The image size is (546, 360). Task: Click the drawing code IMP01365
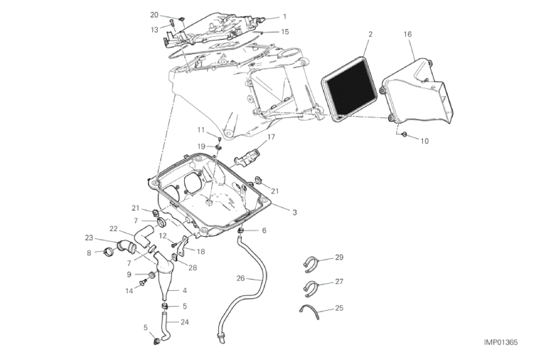(x=500, y=342)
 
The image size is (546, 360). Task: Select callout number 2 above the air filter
(x=370, y=34)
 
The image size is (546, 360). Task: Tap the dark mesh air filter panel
(x=349, y=90)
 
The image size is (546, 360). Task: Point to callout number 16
(x=408, y=34)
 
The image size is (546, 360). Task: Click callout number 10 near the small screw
(x=424, y=141)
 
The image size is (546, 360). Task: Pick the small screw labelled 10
(x=404, y=134)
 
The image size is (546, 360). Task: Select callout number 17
(x=272, y=137)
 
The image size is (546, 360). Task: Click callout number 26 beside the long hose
(x=240, y=278)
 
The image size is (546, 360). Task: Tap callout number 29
(x=339, y=257)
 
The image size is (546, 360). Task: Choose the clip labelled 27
(x=309, y=288)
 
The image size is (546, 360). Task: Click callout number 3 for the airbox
(x=294, y=212)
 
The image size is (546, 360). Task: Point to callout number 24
(x=185, y=322)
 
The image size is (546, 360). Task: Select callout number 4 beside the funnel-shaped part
(x=185, y=290)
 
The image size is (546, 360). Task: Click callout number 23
(x=89, y=238)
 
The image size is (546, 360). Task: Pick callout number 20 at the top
(x=154, y=15)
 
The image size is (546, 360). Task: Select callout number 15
(x=285, y=32)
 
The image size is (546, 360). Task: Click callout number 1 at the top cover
(x=285, y=16)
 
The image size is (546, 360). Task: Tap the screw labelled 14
(x=142, y=282)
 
